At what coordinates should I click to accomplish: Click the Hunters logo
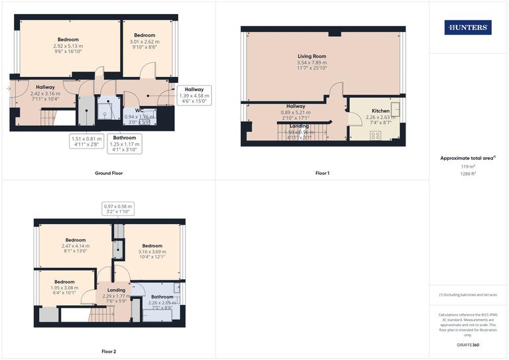pos(468,27)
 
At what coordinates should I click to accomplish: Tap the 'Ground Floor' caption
pos(108,173)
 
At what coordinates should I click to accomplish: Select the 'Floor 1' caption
pos(322,173)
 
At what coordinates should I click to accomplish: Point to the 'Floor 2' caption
pos(109,351)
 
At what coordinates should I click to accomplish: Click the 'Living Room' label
pos(311,57)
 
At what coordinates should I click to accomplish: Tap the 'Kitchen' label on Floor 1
pos(380,111)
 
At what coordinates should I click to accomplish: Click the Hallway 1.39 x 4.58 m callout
pos(194,95)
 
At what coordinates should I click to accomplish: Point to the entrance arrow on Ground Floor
pos(8,88)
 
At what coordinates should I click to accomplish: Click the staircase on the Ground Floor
pos(46,119)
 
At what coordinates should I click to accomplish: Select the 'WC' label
pos(140,111)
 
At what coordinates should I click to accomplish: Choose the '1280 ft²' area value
pos(468,173)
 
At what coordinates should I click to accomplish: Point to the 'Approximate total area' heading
pos(467,158)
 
